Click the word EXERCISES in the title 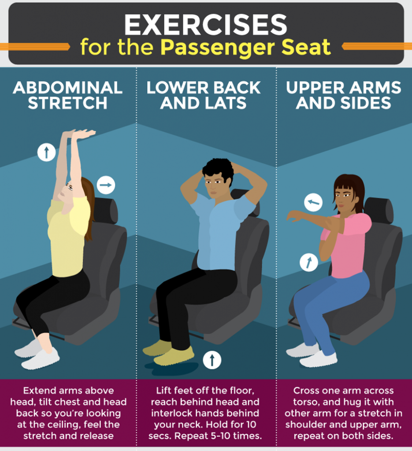coord(205,25)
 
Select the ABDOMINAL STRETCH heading coord(68,95)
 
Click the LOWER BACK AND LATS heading coord(204,95)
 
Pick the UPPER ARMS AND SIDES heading coord(344,95)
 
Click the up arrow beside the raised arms coord(46,152)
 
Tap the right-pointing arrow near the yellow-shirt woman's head coord(106,185)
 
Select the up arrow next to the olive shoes coord(212,360)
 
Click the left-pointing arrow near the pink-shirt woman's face coord(313,203)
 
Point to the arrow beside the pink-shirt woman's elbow coord(309,262)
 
